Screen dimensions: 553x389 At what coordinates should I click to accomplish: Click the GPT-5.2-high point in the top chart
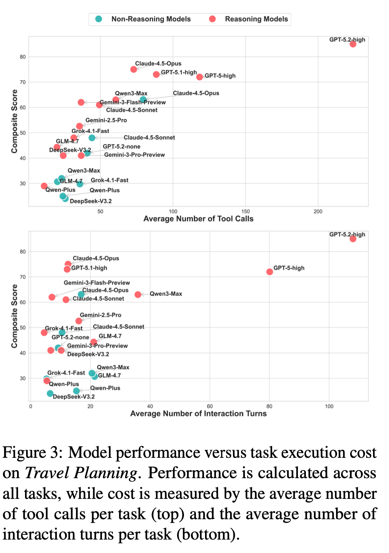pyautogui.click(x=353, y=44)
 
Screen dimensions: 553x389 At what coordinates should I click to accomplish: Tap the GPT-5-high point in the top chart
pyautogui.click(x=200, y=77)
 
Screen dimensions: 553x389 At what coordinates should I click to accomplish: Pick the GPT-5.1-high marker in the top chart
pyautogui.click(x=156, y=74)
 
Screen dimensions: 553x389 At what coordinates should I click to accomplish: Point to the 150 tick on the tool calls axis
pyautogui.click(x=245, y=211)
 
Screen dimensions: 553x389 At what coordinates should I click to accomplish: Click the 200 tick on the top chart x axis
pyautogui.click(x=318, y=211)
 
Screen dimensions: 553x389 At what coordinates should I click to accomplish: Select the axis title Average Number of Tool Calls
pyautogui.click(x=198, y=219)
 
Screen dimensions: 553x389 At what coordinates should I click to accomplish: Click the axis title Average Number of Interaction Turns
pyautogui.click(x=198, y=413)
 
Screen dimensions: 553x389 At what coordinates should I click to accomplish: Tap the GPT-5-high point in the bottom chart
pyautogui.click(x=270, y=272)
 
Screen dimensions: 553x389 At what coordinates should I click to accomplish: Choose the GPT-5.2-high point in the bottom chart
pyautogui.click(x=353, y=239)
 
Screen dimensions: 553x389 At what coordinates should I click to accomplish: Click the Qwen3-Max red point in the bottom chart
pyautogui.click(x=138, y=295)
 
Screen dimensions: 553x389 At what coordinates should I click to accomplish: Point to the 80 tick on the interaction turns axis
pyautogui.click(x=269, y=406)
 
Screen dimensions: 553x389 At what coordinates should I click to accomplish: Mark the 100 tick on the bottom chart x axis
pyautogui.click(x=329, y=406)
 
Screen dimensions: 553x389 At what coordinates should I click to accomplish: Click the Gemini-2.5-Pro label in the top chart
pyautogui.click(x=106, y=120)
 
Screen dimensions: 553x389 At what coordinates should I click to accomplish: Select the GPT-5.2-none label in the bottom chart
pyautogui.click(x=70, y=338)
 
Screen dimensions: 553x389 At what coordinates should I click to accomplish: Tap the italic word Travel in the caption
pyautogui.click(x=48, y=473)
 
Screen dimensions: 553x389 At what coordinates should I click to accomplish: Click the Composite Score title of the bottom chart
pyautogui.click(x=15, y=316)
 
